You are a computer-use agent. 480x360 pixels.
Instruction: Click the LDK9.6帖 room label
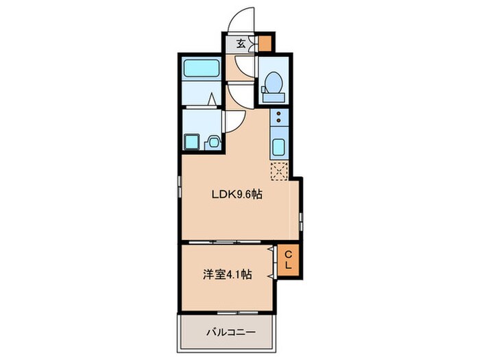click(x=237, y=194)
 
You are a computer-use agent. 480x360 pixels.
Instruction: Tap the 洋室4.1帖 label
click(x=226, y=274)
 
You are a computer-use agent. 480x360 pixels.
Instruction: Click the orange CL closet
click(x=289, y=259)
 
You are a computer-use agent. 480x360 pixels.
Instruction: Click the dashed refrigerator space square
click(x=279, y=170)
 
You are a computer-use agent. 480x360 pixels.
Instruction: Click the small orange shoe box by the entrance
click(x=265, y=43)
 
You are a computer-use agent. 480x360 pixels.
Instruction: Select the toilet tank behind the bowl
click(x=273, y=97)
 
